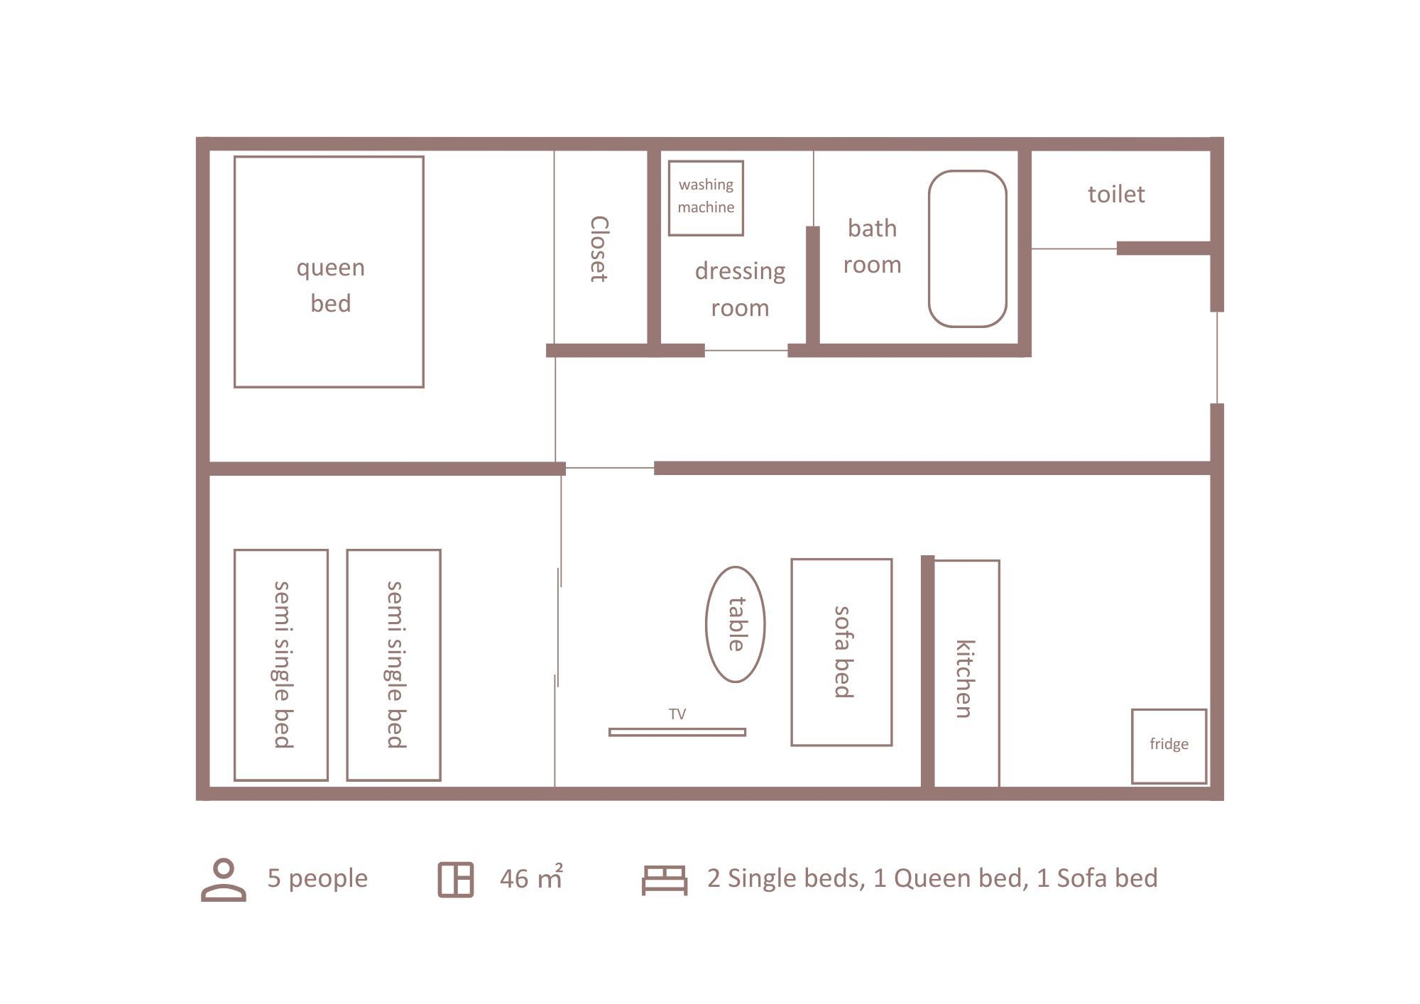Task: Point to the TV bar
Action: click(x=677, y=732)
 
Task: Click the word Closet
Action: click(x=599, y=249)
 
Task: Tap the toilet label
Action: click(x=1116, y=194)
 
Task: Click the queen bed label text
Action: click(x=330, y=285)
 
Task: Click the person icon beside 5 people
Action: click(x=224, y=880)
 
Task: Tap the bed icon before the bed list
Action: click(x=665, y=880)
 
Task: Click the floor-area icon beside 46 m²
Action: click(x=455, y=880)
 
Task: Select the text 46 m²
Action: click(x=531, y=878)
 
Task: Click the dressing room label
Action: click(x=740, y=289)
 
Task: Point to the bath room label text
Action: click(x=872, y=246)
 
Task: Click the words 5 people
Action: click(x=317, y=879)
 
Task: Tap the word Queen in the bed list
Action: click(x=934, y=878)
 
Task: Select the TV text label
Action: click(x=677, y=714)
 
